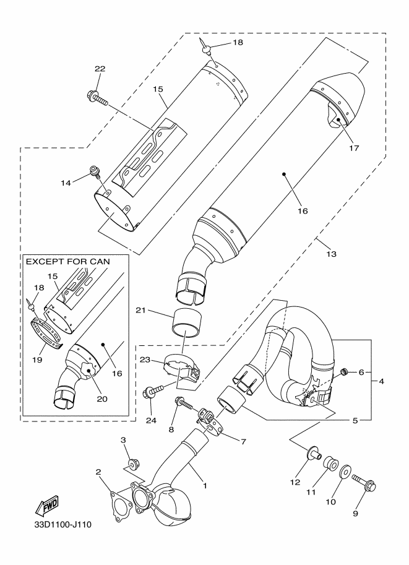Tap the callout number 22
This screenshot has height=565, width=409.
100,69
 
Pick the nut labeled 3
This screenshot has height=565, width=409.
131,464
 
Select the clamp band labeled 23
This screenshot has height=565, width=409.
181,366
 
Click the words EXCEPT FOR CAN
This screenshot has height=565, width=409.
68,262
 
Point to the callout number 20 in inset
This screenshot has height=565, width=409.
102,399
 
